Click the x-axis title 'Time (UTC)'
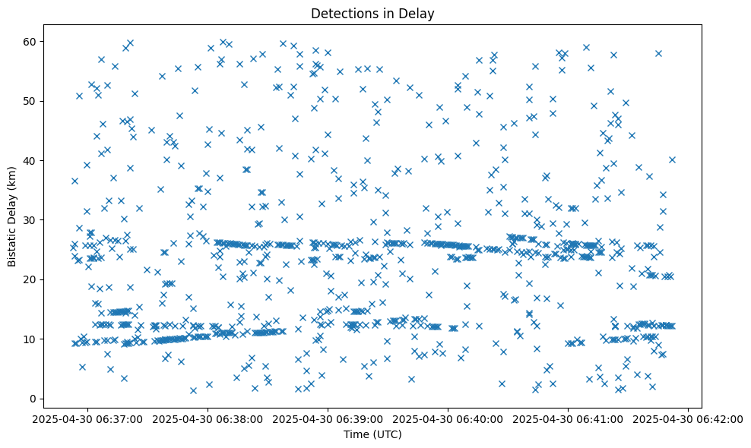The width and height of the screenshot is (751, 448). click(x=373, y=435)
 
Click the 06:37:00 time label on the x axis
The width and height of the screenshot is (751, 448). click(x=88, y=418)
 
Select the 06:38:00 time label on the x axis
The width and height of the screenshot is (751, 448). click(x=208, y=418)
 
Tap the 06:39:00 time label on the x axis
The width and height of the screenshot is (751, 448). click(x=328, y=418)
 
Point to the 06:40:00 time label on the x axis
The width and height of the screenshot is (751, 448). click(x=448, y=418)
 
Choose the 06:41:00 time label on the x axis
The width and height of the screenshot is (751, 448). click(x=569, y=418)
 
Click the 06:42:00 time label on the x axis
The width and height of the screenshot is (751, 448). click(x=689, y=418)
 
